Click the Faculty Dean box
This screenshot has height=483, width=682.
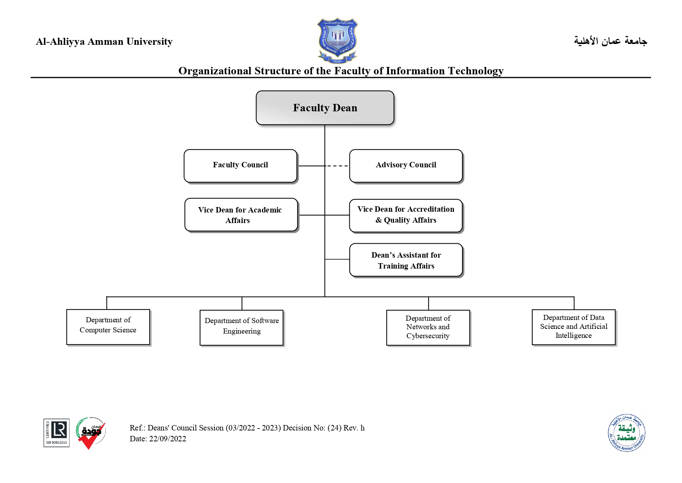325,108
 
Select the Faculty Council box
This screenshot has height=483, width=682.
241,166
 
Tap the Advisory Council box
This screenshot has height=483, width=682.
406,166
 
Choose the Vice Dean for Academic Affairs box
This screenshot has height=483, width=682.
241,215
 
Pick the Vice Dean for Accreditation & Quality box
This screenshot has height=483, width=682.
406,215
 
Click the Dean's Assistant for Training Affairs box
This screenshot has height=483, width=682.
406,260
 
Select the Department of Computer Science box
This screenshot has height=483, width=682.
108,327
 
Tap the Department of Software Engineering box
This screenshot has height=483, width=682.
241,327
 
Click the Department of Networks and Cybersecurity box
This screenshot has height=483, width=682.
428,327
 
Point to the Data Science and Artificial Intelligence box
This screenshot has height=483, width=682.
573,327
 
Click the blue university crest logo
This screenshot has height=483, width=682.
337,40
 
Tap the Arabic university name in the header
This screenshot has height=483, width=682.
610,41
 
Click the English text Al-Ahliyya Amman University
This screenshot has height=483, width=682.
104,42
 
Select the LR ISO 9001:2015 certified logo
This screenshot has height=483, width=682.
56,433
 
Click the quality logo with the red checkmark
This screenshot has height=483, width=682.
91,433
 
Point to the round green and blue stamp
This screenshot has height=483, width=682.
626,433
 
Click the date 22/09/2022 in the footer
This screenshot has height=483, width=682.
167,439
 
